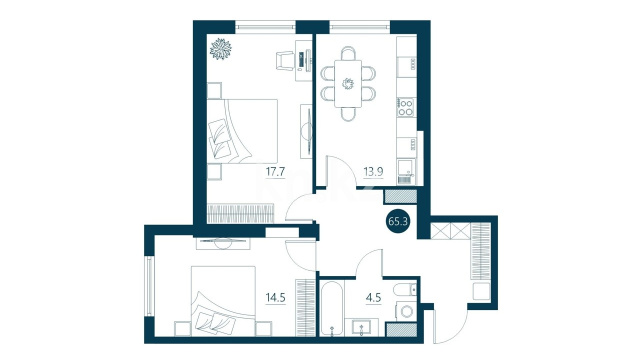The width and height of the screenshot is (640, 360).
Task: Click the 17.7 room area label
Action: [x=276, y=172]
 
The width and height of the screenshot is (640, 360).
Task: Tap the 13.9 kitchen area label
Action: [x=373, y=172]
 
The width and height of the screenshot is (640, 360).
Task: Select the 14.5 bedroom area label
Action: [x=276, y=298]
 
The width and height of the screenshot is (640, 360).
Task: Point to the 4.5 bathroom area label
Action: [x=373, y=298]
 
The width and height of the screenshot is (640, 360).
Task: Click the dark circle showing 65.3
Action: [x=399, y=222]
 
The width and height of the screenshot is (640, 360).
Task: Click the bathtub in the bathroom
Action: [x=332, y=308]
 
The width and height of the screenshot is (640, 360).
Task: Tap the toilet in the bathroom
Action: [x=406, y=289]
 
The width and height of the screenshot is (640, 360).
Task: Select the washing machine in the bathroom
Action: [x=406, y=311]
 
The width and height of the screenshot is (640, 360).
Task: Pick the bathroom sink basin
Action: [x=362, y=327]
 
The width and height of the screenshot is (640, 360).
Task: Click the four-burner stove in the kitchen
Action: [x=406, y=107]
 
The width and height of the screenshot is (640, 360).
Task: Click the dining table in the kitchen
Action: [x=348, y=84]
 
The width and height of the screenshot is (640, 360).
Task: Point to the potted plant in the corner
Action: [x=220, y=49]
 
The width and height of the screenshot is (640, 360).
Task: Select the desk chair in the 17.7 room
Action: [x=285, y=60]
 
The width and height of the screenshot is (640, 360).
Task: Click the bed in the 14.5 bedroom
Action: [x=223, y=301]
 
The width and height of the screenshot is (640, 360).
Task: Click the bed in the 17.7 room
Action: [x=242, y=131]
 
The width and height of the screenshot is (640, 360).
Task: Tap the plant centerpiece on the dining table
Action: [x=348, y=84]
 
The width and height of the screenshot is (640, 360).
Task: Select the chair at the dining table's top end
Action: [x=348, y=53]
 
